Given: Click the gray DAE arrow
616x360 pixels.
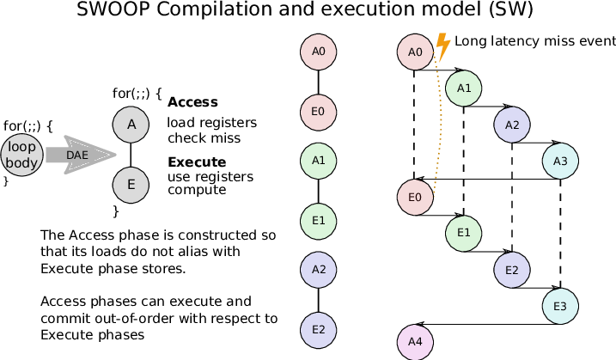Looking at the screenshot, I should tap(81, 155).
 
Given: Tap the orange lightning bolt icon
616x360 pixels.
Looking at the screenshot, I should tap(442, 46).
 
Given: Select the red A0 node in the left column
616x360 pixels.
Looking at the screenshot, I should tap(318, 52).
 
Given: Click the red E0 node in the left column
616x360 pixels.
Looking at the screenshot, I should tap(318, 113).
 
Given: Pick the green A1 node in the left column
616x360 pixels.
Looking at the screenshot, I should tap(318, 161).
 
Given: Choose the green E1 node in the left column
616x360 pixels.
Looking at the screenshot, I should tap(318, 222).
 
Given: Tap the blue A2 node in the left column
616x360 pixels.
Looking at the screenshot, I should tap(318, 270).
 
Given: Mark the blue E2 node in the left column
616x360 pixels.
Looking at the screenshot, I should tap(318, 331).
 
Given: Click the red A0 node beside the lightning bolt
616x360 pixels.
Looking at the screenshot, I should tap(415, 52).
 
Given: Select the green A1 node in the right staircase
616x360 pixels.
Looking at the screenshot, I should tap(463, 88).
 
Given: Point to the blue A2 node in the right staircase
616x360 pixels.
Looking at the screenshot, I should tap(511, 125).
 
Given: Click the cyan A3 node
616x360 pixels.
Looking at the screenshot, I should tap(560, 161).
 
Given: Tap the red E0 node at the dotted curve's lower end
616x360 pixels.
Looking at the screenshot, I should tap(415, 198).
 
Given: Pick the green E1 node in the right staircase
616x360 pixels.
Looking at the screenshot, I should tap(463, 234).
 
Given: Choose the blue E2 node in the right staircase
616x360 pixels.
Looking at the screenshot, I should tap(511, 270).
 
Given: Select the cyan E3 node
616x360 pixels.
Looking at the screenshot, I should tap(560, 307).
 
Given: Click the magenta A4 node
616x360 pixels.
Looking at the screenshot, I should tap(415, 342).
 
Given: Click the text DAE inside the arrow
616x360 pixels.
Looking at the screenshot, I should tap(77, 156).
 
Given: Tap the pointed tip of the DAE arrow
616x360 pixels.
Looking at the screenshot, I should tap(115, 155).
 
